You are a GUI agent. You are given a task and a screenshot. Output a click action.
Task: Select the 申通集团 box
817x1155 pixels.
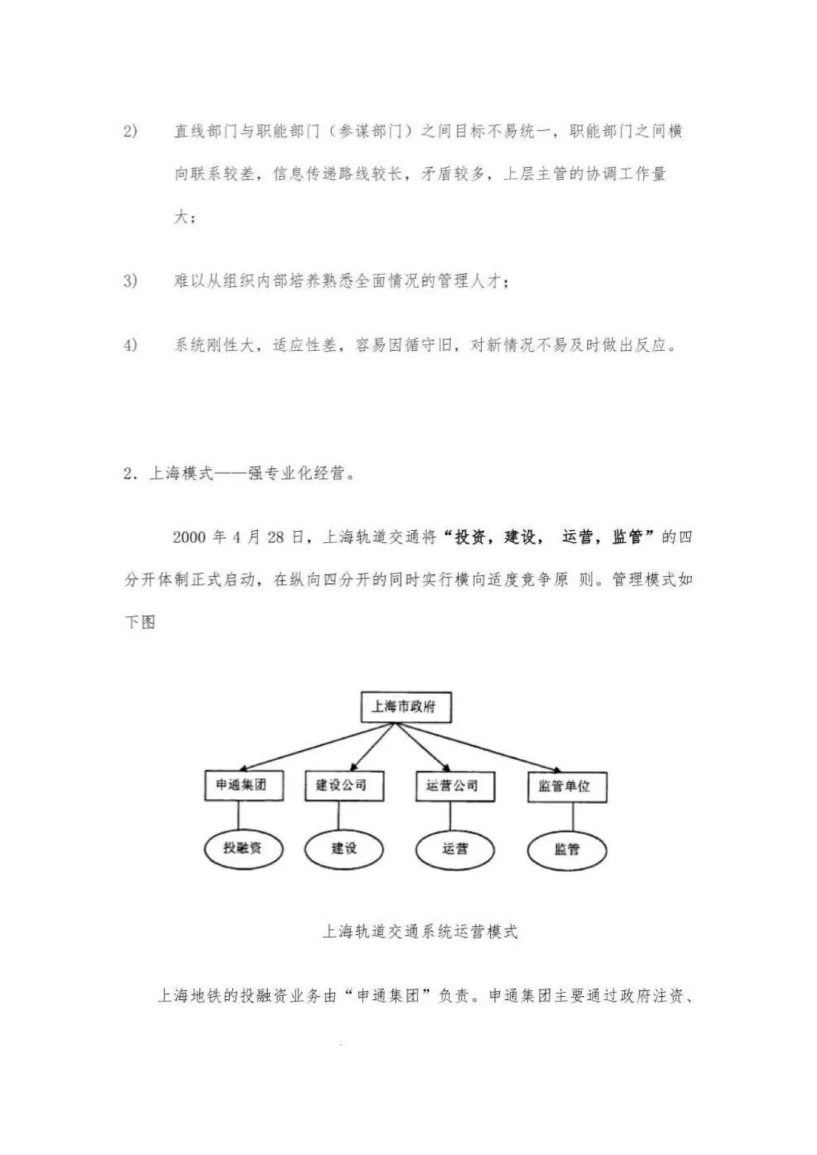[x=237, y=785]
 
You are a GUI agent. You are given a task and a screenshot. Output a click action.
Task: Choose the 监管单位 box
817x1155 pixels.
[x=567, y=787]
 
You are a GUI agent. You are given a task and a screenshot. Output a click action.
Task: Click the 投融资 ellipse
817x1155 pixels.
[x=243, y=848]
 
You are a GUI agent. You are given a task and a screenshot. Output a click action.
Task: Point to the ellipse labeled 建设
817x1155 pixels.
[x=343, y=849]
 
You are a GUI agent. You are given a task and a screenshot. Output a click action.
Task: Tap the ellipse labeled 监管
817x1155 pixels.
[x=567, y=849]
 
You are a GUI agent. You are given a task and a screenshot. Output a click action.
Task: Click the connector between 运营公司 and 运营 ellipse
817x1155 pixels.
[x=450, y=815]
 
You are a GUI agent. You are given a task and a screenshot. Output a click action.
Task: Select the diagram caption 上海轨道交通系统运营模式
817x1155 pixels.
[x=421, y=931]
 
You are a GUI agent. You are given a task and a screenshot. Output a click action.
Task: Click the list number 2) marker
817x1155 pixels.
[x=130, y=132]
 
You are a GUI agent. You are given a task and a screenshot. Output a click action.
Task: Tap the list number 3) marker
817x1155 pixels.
[x=130, y=281]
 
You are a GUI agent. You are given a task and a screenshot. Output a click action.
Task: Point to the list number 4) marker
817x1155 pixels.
[x=130, y=345]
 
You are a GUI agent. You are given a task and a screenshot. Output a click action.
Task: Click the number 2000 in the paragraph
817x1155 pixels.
[x=190, y=538]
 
